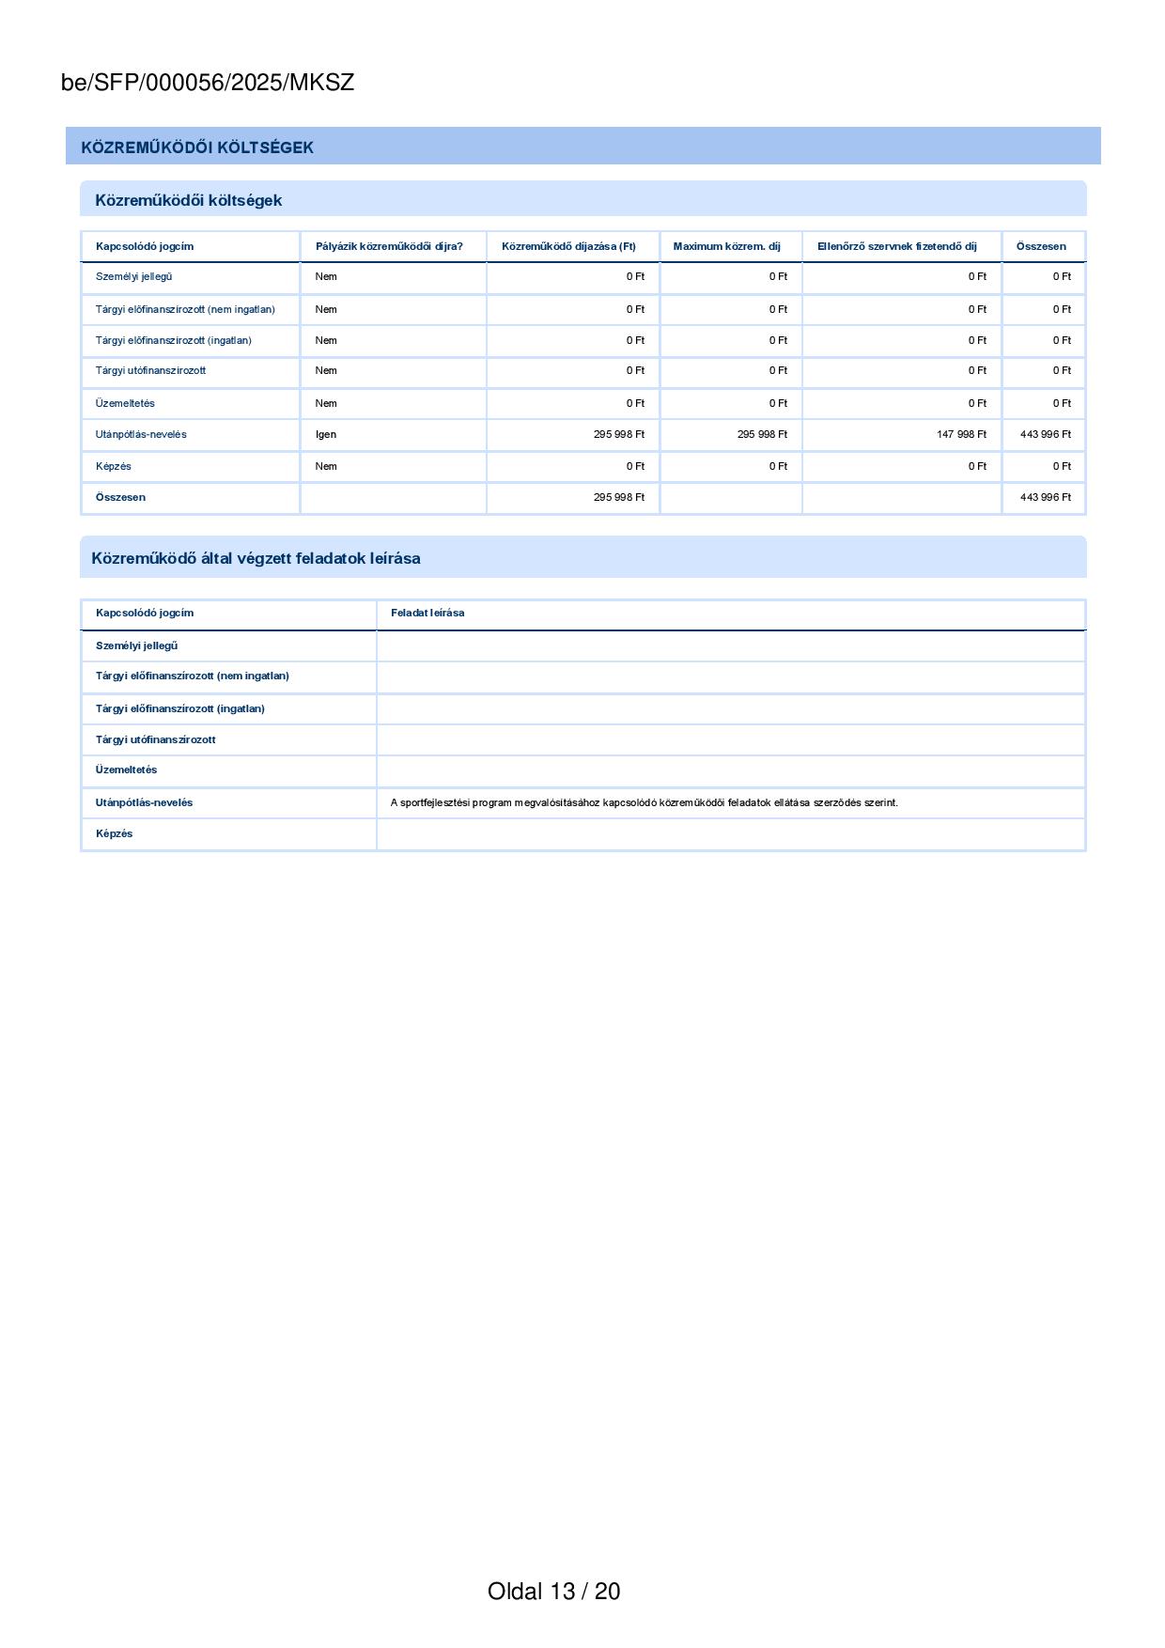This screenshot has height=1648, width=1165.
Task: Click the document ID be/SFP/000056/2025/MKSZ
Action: click(208, 83)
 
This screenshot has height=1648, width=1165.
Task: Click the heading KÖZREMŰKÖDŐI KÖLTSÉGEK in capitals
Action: click(197, 148)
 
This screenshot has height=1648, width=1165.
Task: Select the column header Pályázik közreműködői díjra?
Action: click(389, 246)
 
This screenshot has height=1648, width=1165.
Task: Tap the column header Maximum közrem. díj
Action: click(726, 246)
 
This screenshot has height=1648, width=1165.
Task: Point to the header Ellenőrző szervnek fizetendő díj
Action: click(896, 246)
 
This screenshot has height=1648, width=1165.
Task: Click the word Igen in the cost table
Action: click(326, 434)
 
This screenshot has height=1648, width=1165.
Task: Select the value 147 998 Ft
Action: click(961, 434)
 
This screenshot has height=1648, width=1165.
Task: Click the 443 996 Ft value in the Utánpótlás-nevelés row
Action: click(1045, 434)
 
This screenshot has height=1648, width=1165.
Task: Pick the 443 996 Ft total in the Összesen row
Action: click(1045, 497)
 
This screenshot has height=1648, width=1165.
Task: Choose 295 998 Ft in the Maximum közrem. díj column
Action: click(762, 434)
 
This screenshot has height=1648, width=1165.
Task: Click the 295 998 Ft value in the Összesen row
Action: click(618, 497)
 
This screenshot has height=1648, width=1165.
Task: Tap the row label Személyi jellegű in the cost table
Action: click(133, 276)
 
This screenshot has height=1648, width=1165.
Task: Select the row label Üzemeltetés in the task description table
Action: click(126, 770)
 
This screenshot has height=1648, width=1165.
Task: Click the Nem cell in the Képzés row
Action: click(326, 466)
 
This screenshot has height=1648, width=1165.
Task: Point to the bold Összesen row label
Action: click(120, 497)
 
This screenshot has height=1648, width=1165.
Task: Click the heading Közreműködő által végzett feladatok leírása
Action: click(256, 558)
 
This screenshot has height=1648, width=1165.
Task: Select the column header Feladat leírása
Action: click(427, 613)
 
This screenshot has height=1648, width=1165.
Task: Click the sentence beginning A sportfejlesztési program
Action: click(644, 802)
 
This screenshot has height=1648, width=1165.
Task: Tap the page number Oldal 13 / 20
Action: click(553, 1591)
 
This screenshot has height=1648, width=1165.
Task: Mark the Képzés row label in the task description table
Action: click(114, 833)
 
